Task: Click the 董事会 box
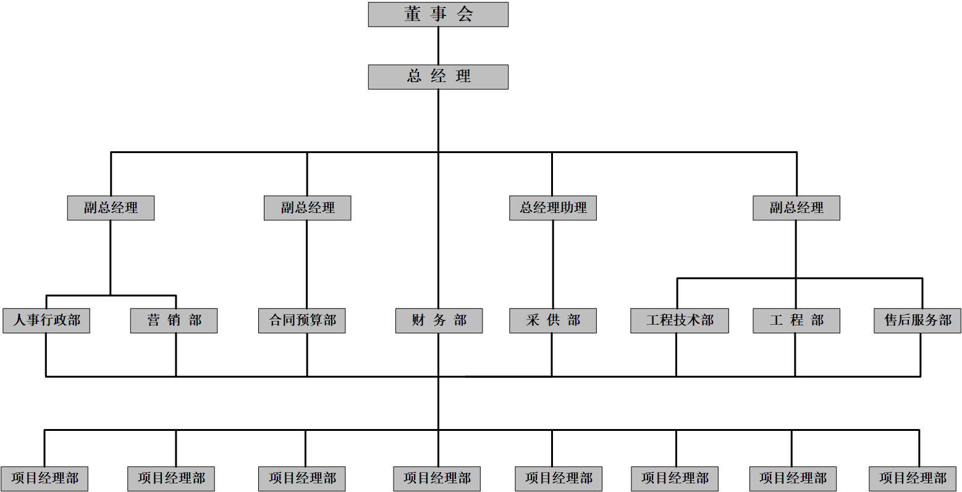pos(438,14)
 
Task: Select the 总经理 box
pos(438,77)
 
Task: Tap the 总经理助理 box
pos(553,208)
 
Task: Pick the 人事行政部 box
pos(46,320)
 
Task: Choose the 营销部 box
pos(174,320)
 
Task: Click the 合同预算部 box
pos(302,320)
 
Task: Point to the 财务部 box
pos(439,320)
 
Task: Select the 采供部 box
pos(553,320)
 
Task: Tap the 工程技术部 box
pos(680,320)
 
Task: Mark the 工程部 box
pos(796,320)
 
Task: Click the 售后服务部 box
pos(918,320)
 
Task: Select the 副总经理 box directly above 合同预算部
pos(308,208)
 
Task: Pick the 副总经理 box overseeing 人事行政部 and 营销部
pos(111,208)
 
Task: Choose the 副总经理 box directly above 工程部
pos(796,208)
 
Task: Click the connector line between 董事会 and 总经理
pos(439,46)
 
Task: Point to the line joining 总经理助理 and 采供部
pos(553,264)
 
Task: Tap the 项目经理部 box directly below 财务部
pos(437,478)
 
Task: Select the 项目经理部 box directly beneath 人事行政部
pos(44,478)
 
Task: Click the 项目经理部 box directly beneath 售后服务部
pos(913,478)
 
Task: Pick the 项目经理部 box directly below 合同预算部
pos(302,478)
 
